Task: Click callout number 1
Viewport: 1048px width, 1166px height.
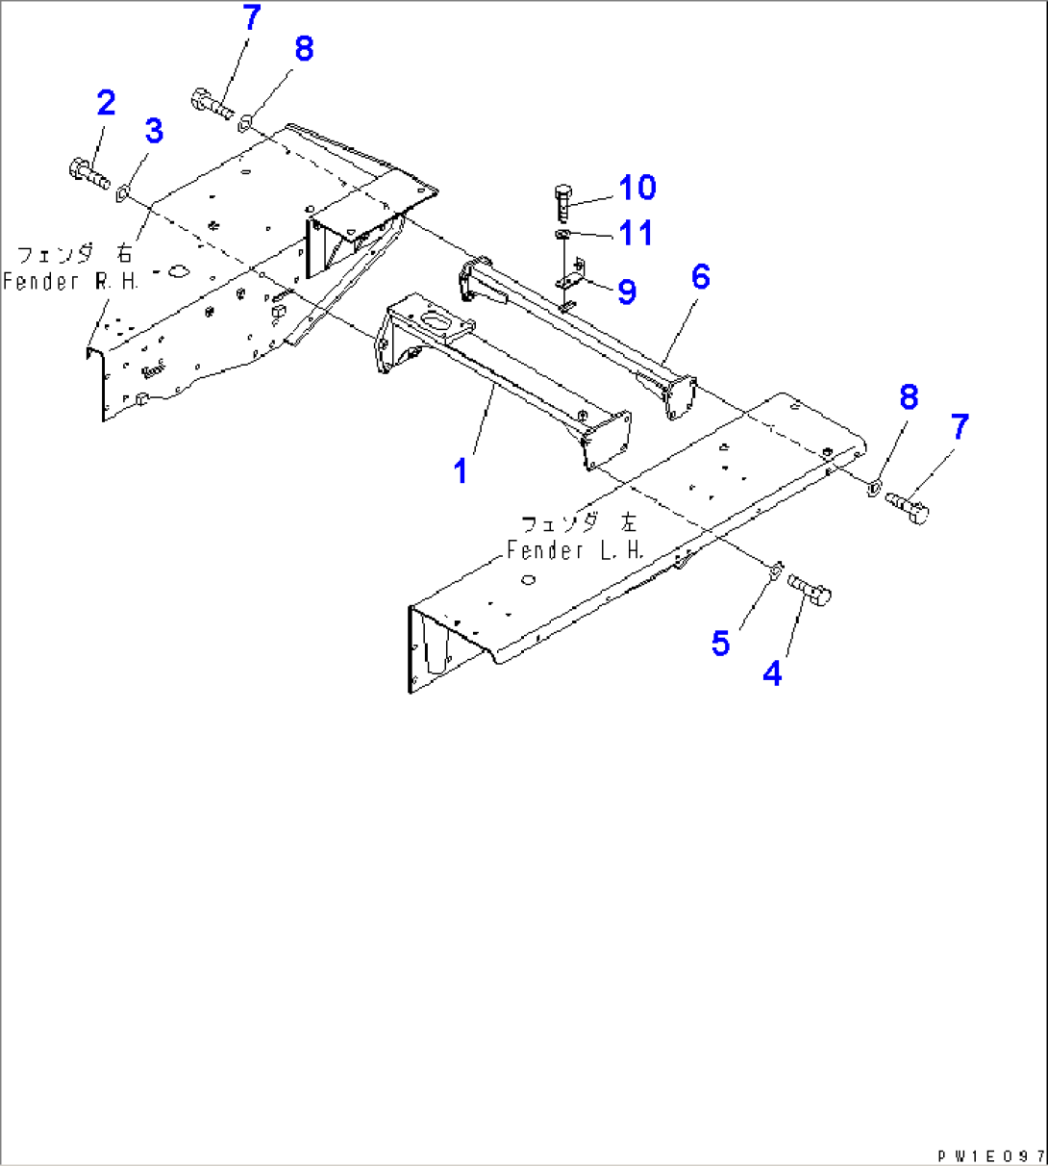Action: click(462, 471)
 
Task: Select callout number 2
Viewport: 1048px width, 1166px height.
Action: click(106, 103)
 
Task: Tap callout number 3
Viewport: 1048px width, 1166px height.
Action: click(154, 131)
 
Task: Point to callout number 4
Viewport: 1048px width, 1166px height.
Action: click(772, 673)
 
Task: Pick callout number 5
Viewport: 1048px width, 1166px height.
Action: click(721, 643)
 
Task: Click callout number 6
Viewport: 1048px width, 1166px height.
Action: click(700, 278)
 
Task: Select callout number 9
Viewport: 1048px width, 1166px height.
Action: click(627, 291)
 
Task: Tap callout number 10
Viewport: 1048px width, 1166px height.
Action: click(636, 188)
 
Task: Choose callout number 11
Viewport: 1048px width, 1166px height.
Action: click(636, 233)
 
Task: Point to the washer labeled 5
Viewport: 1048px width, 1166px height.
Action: click(774, 574)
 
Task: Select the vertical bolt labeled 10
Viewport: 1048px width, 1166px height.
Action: click(563, 203)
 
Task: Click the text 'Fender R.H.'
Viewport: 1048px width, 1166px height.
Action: click(70, 282)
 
